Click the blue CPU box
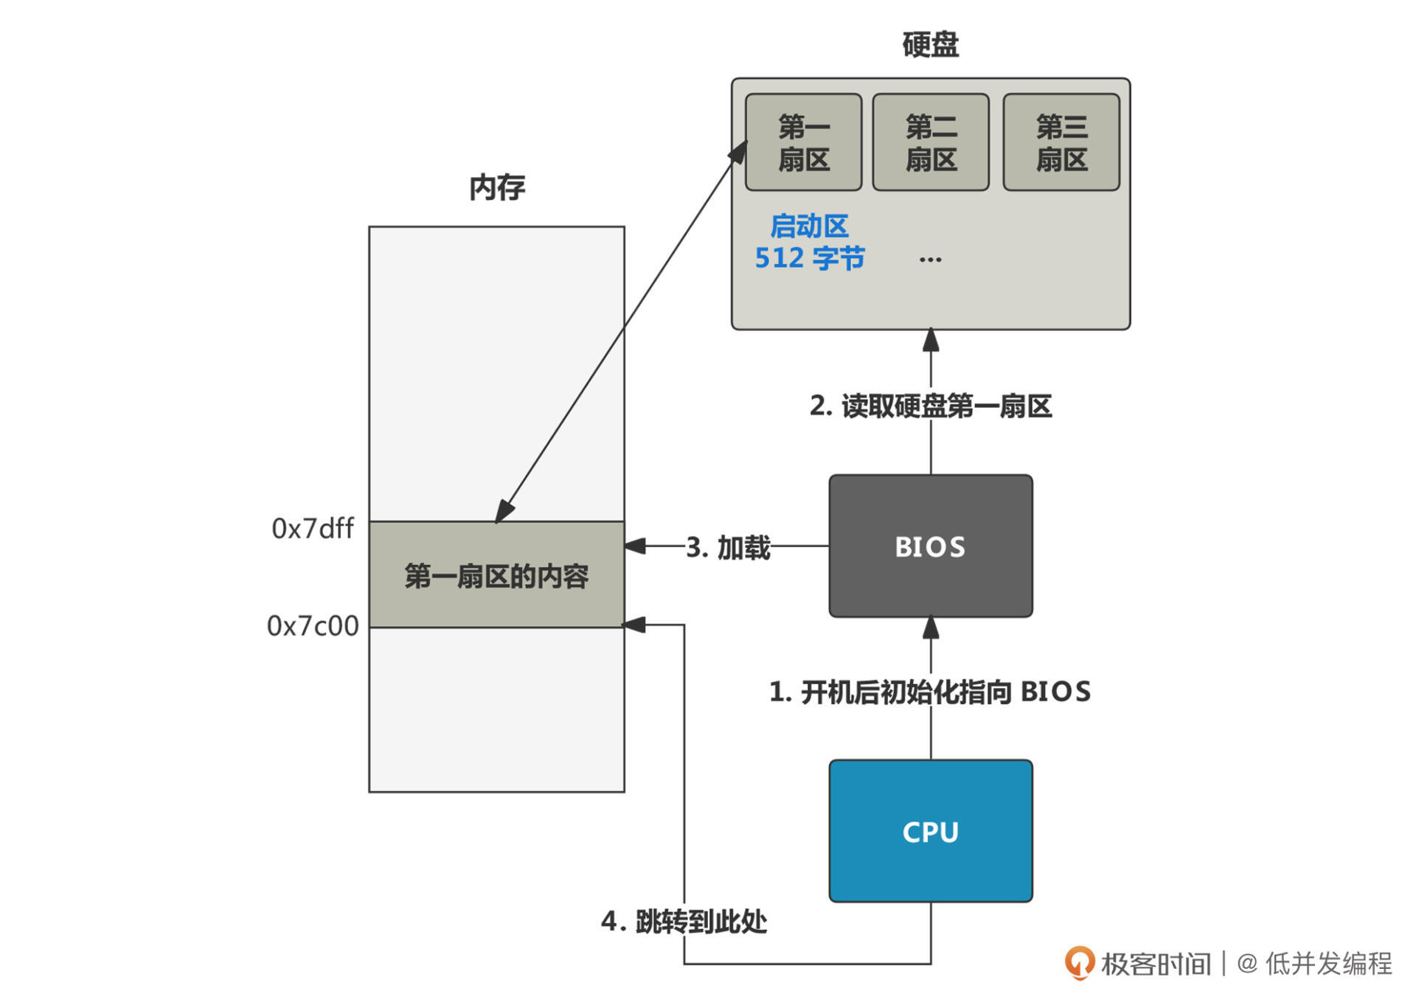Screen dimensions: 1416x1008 (x=931, y=831)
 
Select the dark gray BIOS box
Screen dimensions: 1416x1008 (x=931, y=546)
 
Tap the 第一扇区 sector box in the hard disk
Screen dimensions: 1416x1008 (x=804, y=142)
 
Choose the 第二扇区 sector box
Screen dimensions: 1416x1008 (x=931, y=142)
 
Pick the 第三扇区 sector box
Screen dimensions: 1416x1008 (x=1061, y=142)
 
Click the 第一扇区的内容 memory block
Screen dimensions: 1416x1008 (x=496, y=575)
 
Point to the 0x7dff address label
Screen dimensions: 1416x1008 (x=313, y=529)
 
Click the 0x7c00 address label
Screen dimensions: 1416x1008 (x=313, y=626)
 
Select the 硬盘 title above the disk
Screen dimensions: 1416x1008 (x=931, y=44)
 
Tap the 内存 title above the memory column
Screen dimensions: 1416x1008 (x=497, y=187)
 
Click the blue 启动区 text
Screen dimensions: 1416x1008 (x=809, y=226)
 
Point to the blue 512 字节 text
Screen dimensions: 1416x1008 (x=809, y=258)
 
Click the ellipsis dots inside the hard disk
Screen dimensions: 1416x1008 (x=931, y=260)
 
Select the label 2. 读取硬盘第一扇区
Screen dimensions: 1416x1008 (x=931, y=406)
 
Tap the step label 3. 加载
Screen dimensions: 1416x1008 (x=728, y=547)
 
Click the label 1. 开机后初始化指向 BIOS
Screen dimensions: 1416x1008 (x=930, y=692)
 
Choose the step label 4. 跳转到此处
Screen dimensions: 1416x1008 (x=684, y=921)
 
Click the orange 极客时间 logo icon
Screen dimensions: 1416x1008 (x=1080, y=963)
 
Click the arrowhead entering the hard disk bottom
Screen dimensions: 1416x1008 (x=931, y=339)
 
